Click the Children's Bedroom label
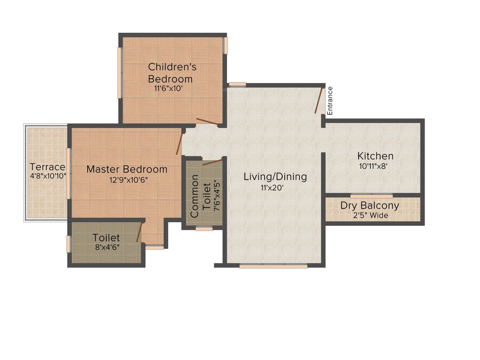coord(172,73)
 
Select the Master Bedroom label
coord(127,169)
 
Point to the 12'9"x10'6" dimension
coord(127,180)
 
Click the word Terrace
coord(47,167)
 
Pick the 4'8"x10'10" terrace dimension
coord(47,176)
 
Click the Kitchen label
coord(375,156)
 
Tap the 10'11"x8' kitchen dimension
coord(373,166)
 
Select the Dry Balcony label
coord(369,205)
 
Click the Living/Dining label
coord(275,177)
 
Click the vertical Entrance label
coord(330,101)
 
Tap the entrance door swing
coord(319,100)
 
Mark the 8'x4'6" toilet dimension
coord(106,248)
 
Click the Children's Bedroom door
coord(207,122)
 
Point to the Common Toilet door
coord(212,162)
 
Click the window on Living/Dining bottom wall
coord(273,266)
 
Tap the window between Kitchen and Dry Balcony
coord(372,195)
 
